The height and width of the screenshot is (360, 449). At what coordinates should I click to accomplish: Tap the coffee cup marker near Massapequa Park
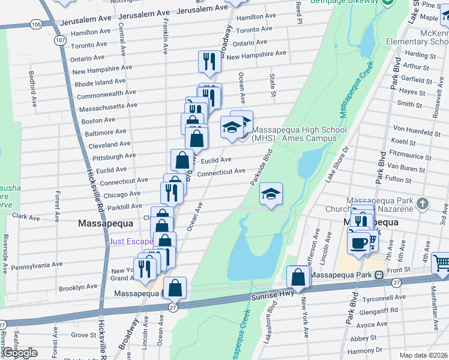[359, 243]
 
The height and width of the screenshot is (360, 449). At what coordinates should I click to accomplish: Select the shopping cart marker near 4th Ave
[441, 262]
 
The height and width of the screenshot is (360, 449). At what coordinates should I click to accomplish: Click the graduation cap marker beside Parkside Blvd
[271, 194]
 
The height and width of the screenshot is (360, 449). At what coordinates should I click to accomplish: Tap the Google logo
[19, 353]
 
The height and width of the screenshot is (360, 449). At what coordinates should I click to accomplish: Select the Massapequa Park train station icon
[379, 275]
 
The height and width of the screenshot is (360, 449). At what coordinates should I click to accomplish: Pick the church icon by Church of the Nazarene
[424, 203]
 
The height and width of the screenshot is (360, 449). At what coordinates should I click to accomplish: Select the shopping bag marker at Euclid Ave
[182, 160]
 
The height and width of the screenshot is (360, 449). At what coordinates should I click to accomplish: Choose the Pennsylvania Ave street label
[37, 264]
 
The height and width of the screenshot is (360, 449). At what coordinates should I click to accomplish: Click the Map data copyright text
[423, 355]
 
